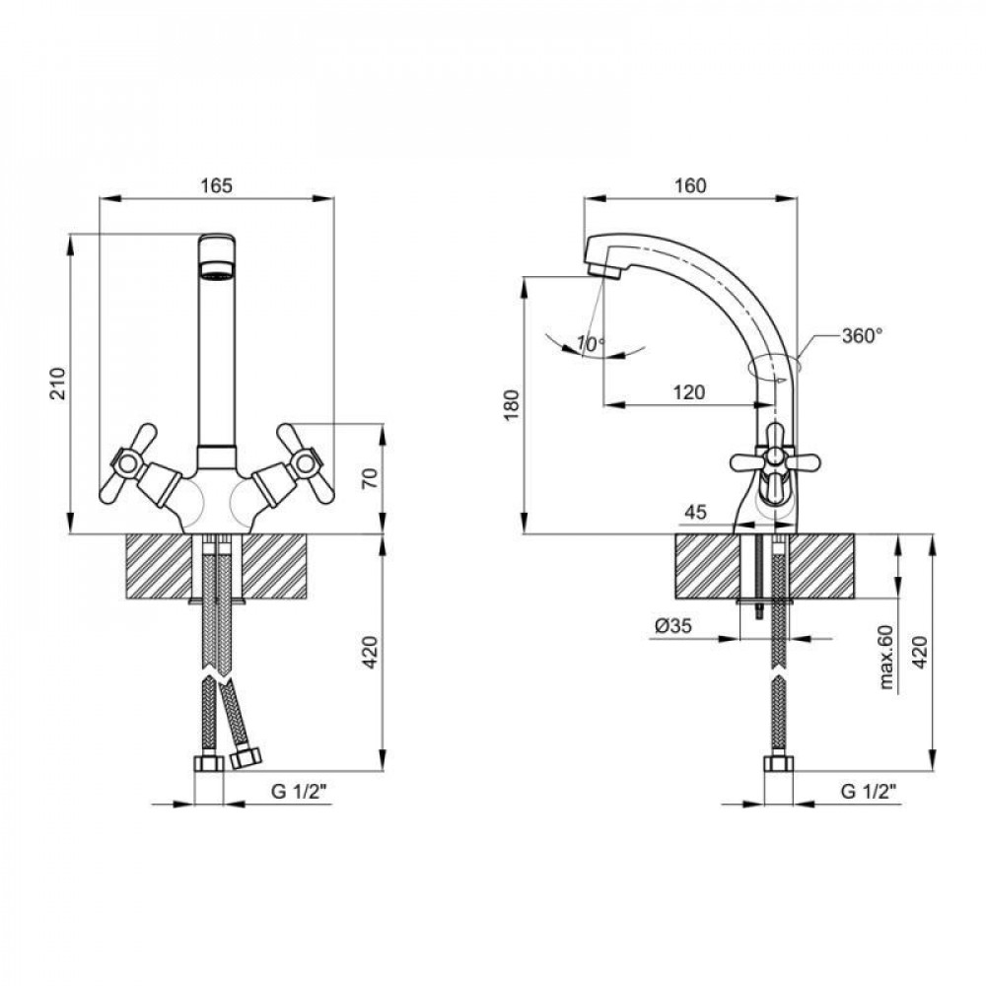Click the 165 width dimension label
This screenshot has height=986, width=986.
216,185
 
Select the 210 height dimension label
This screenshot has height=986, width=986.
58,383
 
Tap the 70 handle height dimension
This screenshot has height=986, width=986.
371,478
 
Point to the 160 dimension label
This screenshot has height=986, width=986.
690,185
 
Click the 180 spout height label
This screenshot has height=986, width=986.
512,405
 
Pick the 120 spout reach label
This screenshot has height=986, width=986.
688,392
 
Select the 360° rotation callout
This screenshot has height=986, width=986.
862,336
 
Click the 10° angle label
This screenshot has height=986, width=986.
591,343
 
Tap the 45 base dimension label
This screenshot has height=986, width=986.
695,512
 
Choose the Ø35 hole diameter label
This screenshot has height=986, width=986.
672,626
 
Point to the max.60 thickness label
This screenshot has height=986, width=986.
886,657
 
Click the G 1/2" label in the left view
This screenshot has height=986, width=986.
301,792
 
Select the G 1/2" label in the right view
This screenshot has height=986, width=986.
869,792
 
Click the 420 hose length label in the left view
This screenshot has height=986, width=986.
371,652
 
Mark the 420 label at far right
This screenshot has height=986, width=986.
920,652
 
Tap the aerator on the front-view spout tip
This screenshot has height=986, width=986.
217,272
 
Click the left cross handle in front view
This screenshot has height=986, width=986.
127,463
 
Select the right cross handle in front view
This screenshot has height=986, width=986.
306,463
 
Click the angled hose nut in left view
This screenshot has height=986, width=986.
246,756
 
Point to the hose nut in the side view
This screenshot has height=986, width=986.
779,763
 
